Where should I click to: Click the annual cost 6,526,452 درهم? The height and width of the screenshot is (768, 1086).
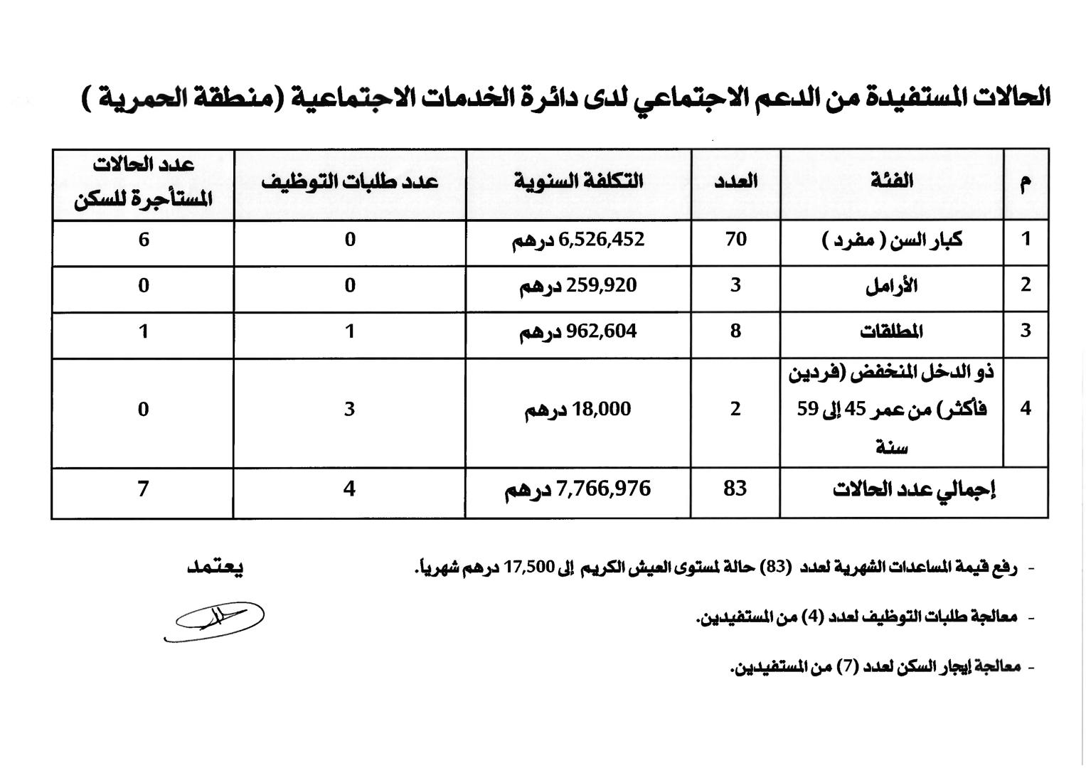(578, 240)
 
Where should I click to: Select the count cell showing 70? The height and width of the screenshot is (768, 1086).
(735, 240)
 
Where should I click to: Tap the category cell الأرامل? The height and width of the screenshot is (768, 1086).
(891, 286)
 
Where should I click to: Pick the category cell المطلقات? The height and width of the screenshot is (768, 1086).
(891, 331)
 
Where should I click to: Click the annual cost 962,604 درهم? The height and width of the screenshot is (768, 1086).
(578, 331)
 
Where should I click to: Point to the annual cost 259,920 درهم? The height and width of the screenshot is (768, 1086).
(578, 286)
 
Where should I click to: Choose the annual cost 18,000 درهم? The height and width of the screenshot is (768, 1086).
(578, 410)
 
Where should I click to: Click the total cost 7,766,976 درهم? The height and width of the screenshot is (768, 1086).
(578, 489)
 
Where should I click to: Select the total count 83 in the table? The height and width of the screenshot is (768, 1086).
(735, 489)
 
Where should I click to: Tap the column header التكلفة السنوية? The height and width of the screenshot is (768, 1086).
(578, 181)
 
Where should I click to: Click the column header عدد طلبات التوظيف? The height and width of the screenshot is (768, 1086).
(349, 181)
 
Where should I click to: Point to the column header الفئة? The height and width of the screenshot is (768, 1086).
(891, 181)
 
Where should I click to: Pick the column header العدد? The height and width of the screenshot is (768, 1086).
(735, 181)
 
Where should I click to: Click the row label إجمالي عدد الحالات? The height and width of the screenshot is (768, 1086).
(913, 490)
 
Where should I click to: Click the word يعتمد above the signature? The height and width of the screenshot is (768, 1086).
(215, 567)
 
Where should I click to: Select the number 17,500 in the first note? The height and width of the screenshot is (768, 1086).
(529, 567)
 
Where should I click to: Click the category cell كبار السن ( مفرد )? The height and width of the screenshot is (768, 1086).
(891, 240)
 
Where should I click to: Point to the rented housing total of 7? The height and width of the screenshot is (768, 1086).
(143, 489)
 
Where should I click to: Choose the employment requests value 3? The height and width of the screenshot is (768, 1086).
(349, 410)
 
